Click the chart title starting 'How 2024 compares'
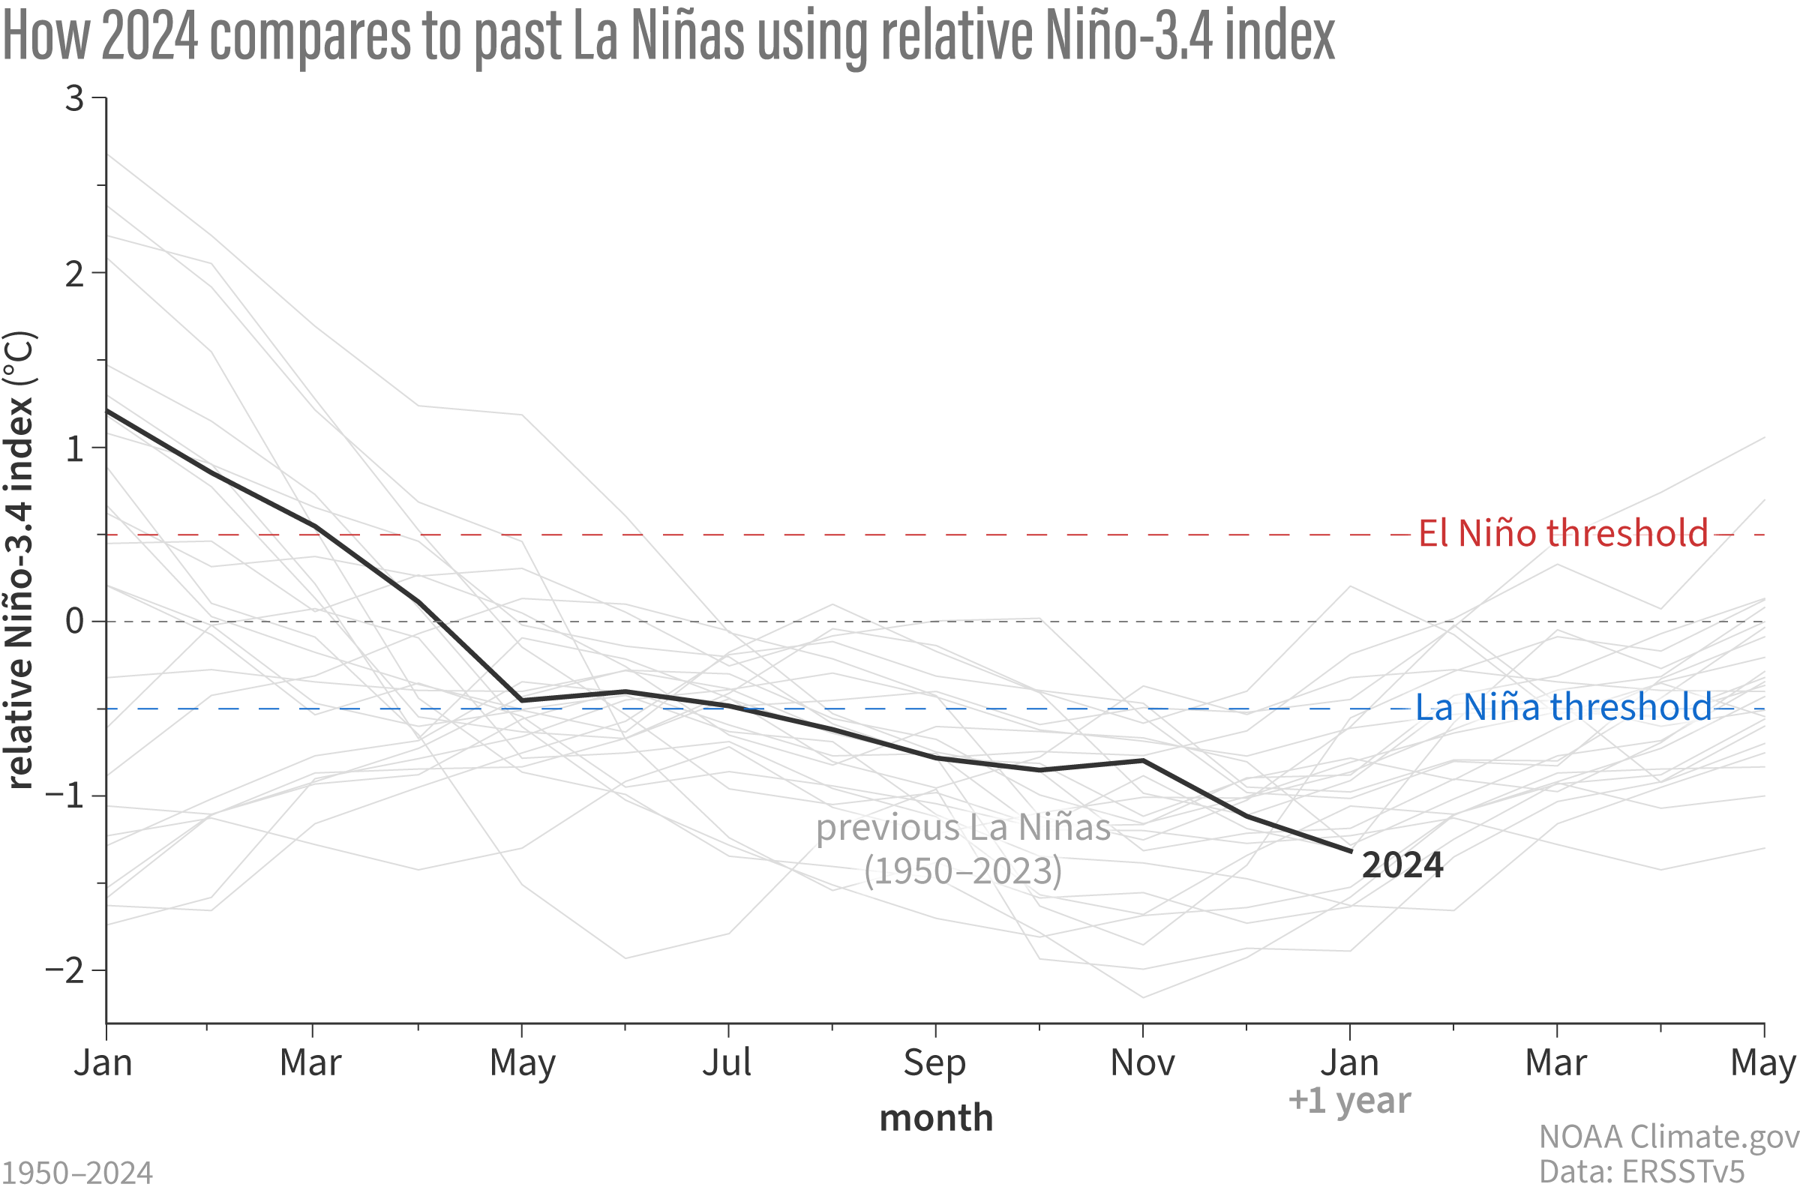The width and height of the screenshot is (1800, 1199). (667, 37)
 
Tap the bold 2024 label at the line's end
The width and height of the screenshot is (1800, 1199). (1402, 865)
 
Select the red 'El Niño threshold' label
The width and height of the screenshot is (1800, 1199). (1562, 533)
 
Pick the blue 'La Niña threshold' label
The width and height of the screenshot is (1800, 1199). (1562, 706)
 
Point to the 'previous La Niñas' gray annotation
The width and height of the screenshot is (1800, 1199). (963, 828)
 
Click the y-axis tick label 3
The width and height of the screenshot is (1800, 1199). (74, 99)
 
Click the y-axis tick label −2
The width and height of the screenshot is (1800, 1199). (64, 970)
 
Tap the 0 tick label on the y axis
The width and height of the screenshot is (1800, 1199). (74, 621)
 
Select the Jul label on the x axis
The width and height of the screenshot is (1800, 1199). (727, 1062)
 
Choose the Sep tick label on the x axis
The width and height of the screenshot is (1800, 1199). (934, 1062)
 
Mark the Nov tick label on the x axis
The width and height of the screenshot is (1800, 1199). (1141, 1062)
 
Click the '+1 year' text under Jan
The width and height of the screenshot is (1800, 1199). (1348, 1100)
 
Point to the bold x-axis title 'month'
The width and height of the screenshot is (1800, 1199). (936, 1119)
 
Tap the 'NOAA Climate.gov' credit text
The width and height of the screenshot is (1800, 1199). (1669, 1137)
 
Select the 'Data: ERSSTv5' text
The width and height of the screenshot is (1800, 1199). (1641, 1171)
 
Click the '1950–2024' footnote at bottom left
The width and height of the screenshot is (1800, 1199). (77, 1173)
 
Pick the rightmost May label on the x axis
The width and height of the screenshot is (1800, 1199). (1762, 1062)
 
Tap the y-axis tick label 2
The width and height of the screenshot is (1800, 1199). (74, 274)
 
